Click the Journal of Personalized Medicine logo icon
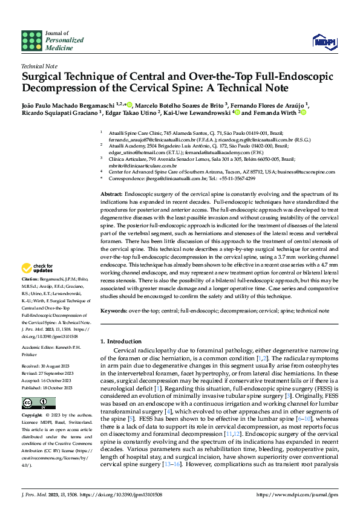[30, 40]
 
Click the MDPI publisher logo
[320, 41]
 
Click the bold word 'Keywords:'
[115, 311]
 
